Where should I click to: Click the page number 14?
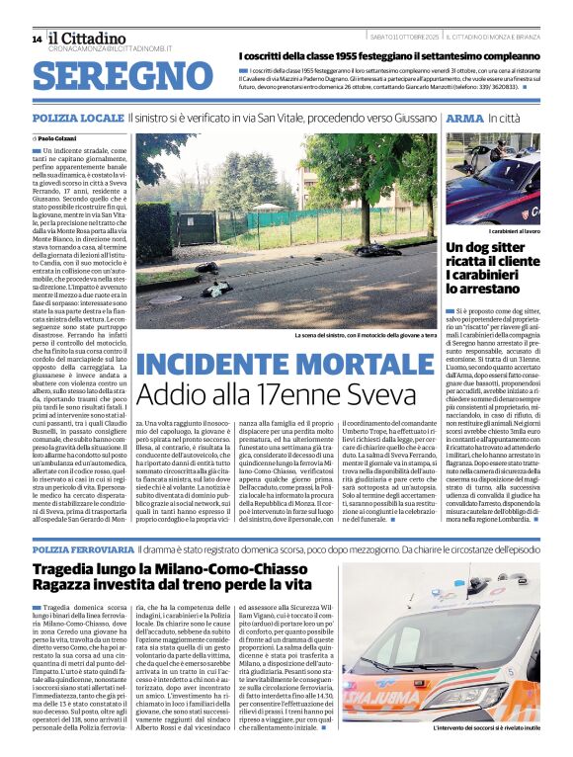pyautogui.click(x=37, y=39)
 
